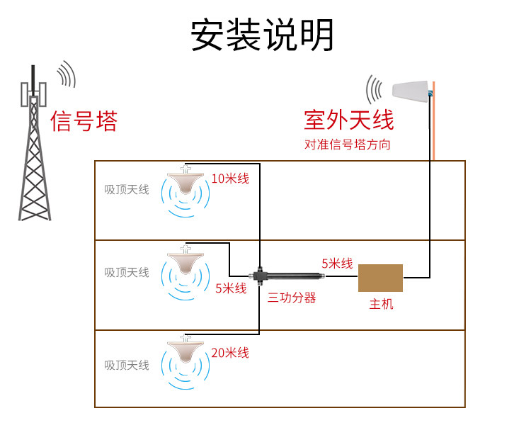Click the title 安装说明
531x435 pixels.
[x=262, y=35]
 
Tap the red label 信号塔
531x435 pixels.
[x=84, y=121]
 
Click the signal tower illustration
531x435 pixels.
[x=34, y=142]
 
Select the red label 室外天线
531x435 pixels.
[x=349, y=120]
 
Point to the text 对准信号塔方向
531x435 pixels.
[x=348, y=145]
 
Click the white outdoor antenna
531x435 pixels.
[x=411, y=91]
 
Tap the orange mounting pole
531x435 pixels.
[x=433, y=120]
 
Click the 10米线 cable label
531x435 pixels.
[x=230, y=179]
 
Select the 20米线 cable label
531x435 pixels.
[x=230, y=353]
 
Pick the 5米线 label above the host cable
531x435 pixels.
[x=337, y=264]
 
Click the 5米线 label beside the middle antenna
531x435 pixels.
[x=231, y=288]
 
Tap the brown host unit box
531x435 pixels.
[x=380, y=278]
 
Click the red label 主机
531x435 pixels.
[x=382, y=304]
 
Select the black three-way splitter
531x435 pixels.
[x=286, y=276]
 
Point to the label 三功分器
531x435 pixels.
[x=292, y=298]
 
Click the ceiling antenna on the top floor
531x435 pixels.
[x=185, y=181]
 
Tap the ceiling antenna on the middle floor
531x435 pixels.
[x=185, y=261]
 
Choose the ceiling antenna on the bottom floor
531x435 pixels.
[x=185, y=349]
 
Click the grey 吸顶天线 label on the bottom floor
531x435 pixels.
[x=127, y=365]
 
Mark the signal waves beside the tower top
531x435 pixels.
[x=66, y=74]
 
